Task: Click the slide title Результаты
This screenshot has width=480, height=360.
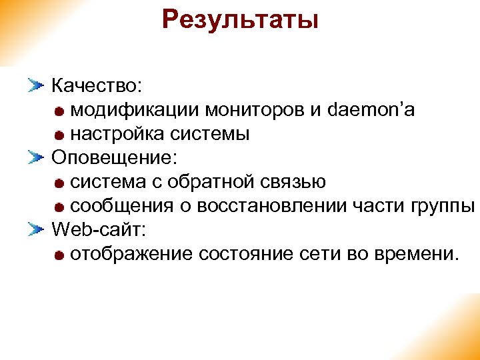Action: pyautogui.click(x=240, y=19)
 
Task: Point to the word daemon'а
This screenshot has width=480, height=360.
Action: pyautogui.click(x=371, y=110)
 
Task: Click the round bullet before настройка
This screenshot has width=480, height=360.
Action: pyautogui.click(x=60, y=135)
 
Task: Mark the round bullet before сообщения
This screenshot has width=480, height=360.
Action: pyautogui.click(x=60, y=207)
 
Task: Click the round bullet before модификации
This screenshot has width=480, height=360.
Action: pyautogui.click(x=60, y=111)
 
